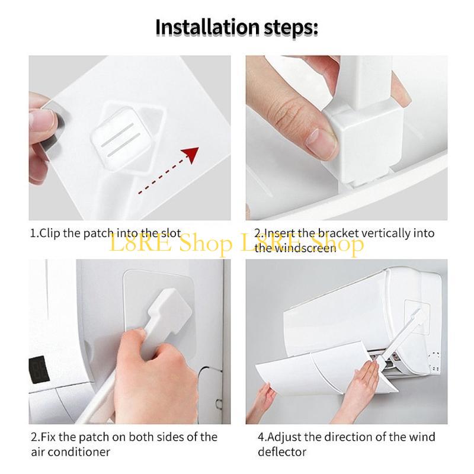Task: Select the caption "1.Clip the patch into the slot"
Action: tap(105, 233)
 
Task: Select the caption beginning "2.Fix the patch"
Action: tap(123, 437)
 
